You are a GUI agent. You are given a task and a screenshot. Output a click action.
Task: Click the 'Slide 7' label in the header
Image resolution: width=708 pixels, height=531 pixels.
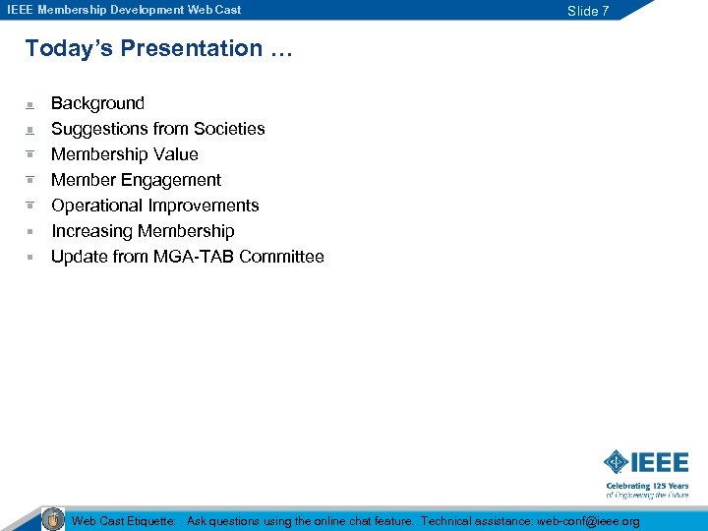[x=588, y=11]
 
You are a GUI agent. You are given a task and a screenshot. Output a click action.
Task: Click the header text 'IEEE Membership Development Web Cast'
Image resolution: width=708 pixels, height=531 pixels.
[x=124, y=10]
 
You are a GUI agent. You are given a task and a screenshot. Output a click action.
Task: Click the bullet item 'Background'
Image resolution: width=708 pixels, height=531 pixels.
[x=97, y=103]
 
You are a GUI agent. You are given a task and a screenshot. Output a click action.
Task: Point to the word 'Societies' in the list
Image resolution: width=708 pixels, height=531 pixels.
[x=229, y=129]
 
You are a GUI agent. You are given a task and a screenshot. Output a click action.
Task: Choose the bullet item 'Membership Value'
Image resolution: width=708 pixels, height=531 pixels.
[x=124, y=154]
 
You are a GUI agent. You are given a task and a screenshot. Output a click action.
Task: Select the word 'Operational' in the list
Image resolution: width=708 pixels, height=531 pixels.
[x=96, y=206]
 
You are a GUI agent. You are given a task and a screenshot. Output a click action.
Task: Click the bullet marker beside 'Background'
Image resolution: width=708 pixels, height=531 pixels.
[x=30, y=103]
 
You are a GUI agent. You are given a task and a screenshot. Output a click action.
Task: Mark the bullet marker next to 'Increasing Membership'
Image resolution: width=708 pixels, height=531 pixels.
[x=30, y=231]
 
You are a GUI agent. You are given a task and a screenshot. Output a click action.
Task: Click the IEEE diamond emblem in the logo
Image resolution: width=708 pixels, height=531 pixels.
[x=616, y=462]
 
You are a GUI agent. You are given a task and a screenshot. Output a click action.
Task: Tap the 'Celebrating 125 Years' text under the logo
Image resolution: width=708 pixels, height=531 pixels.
[x=647, y=486]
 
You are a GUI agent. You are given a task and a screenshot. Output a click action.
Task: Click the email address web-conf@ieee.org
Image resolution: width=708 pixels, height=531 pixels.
[x=588, y=521]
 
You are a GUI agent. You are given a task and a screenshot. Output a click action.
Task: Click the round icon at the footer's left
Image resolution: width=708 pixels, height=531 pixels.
[x=53, y=518]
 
